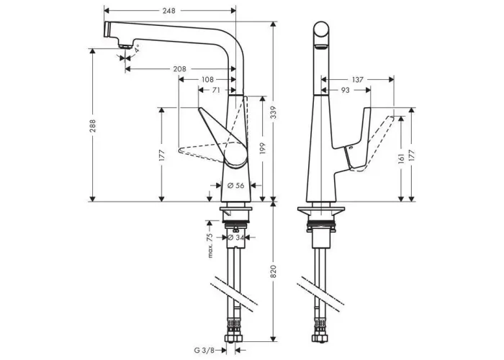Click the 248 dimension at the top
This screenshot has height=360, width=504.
[168, 11]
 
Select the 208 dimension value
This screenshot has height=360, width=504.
[180, 69]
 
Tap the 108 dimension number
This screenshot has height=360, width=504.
[207, 79]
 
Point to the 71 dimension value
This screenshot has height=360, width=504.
[216, 90]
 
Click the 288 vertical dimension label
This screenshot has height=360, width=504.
[93, 126]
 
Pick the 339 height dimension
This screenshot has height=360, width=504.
[273, 112]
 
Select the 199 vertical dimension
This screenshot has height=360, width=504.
[263, 148]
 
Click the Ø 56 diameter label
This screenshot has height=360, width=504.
[236, 186]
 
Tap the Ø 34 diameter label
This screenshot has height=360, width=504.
[235, 238]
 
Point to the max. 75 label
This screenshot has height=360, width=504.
[210, 246]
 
